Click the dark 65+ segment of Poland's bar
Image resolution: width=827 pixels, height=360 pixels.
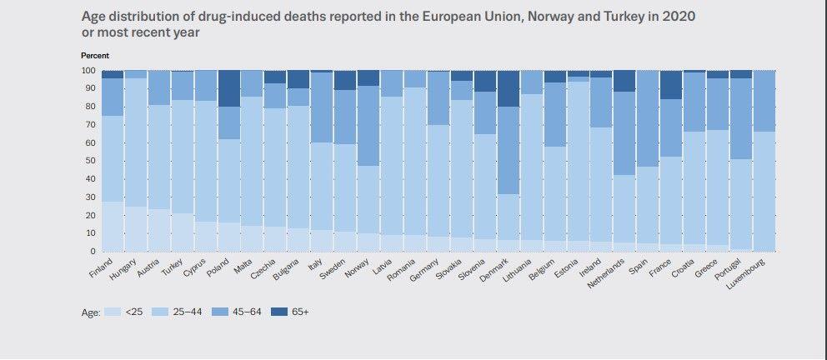pyautogui.click(x=228, y=88)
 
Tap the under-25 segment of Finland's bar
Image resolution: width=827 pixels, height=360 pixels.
pyautogui.click(x=112, y=226)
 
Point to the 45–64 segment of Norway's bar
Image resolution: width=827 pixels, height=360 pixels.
pyautogui.click(x=368, y=126)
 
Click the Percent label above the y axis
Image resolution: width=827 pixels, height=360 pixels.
pyautogui.click(x=93, y=55)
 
